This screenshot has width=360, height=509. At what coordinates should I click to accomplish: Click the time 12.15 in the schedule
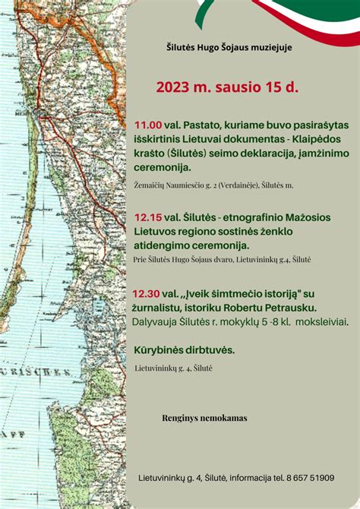click(147, 216)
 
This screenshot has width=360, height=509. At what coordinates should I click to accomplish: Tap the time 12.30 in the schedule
click(146, 292)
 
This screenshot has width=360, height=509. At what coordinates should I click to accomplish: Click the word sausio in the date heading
click(249, 87)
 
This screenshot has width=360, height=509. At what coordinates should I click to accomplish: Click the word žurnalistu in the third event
click(161, 307)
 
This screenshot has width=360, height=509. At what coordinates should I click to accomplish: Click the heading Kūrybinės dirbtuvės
click(183, 350)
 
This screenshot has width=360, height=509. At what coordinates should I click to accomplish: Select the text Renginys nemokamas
click(204, 418)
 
